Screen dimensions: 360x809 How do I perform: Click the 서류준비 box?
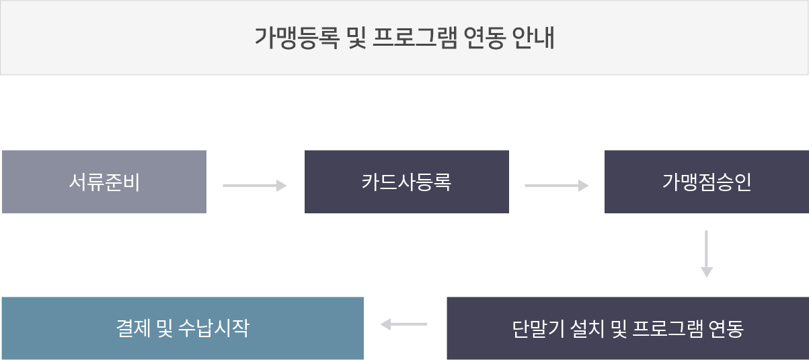click(x=104, y=182)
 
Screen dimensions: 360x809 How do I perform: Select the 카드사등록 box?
click(x=406, y=182)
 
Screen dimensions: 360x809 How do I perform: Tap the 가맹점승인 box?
click(x=706, y=182)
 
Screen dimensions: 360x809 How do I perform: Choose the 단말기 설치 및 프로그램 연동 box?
click(x=627, y=328)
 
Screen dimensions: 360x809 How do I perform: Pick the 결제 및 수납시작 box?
click(x=182, y=328)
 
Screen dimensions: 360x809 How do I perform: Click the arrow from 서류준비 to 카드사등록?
click(x=255, y=185)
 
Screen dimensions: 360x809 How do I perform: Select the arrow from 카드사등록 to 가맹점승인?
click(x=556, y=185)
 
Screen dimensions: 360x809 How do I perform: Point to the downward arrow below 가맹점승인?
click(x=706, y=254)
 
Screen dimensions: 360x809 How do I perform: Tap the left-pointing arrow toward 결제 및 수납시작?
click(x=403, y=324)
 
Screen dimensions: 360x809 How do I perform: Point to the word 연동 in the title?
click(x=486, y=38)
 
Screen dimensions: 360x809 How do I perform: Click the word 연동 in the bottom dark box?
click(x=726, y=329)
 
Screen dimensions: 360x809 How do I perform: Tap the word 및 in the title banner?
click(x=356, y=38)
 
